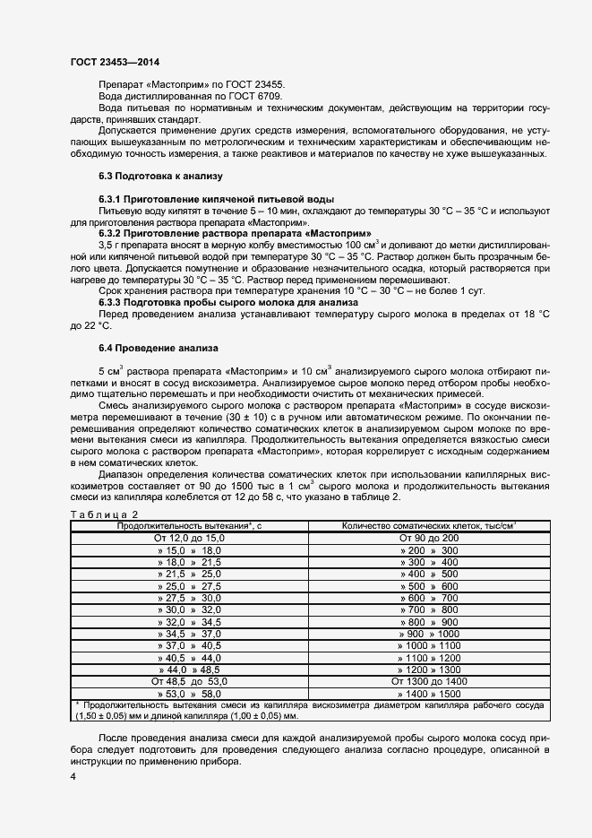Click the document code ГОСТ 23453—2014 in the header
114,63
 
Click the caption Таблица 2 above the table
104,514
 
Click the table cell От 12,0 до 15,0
189,537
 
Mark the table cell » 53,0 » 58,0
189,694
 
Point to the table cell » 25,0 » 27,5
189,585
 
